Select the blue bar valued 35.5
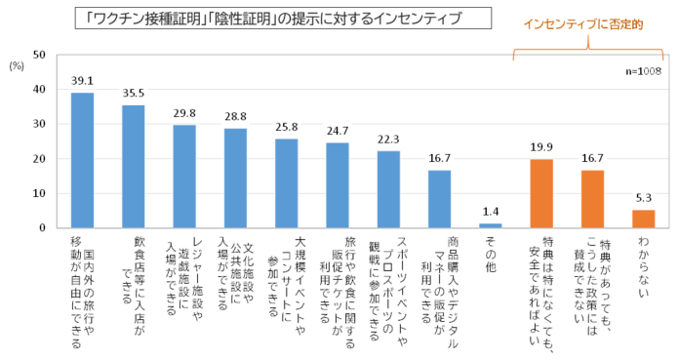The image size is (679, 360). coord(134,166)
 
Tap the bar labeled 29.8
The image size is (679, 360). coord(184,177)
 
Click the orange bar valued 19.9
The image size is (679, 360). coord(542,193)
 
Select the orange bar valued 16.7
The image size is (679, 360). coord(593,199)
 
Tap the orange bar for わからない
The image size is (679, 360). coord(644,219)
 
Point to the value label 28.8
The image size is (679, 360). coord(235,117)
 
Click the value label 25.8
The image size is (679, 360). coord(287,128)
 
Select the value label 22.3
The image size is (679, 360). coord(388,140)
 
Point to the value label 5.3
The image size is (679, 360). coord(644,198)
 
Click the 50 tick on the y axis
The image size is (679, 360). coord(40,55)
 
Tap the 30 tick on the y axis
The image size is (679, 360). coord(40,124)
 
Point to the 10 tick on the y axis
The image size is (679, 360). coord(40,193)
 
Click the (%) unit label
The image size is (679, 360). coord(16,64)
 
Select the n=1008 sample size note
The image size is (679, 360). coord(645,71)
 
